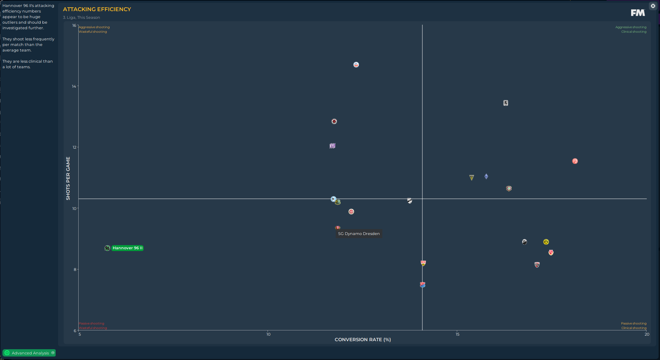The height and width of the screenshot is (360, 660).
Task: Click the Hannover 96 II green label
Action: pos(127,248)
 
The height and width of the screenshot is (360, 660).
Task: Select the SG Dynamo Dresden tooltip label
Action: pos(359,234)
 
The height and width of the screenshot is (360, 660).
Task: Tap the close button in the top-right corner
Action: pos(653,6)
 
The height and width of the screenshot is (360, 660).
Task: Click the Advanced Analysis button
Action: pos(29,353)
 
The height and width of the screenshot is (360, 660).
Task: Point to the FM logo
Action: pos(638,13)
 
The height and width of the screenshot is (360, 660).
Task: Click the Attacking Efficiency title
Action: pos(97,9)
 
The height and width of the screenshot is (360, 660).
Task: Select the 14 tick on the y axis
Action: pos(74,86)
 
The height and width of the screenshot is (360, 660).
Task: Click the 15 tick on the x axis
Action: pos(458,334)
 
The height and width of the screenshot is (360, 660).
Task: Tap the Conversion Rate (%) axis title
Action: pos(363,339)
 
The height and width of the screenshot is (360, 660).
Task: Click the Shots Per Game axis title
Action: pos(68,178)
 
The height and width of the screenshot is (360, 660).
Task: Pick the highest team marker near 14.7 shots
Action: pos(356,65)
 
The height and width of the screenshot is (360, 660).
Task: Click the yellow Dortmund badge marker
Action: pos(546,242)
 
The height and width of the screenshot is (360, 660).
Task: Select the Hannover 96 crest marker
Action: pos(107,248)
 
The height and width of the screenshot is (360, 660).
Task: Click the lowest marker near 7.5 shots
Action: pos(422,285)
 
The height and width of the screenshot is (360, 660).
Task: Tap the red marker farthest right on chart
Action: pos(575,161)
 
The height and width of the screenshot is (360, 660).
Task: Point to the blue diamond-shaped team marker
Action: pos(486,177)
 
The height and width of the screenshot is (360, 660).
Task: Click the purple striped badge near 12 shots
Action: pos(333,146)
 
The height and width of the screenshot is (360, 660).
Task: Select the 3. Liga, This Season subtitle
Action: pos(81,17)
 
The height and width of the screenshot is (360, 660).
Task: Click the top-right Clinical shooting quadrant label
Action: pos(634,32)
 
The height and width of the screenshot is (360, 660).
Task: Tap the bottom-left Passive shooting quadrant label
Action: pos(92,323)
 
